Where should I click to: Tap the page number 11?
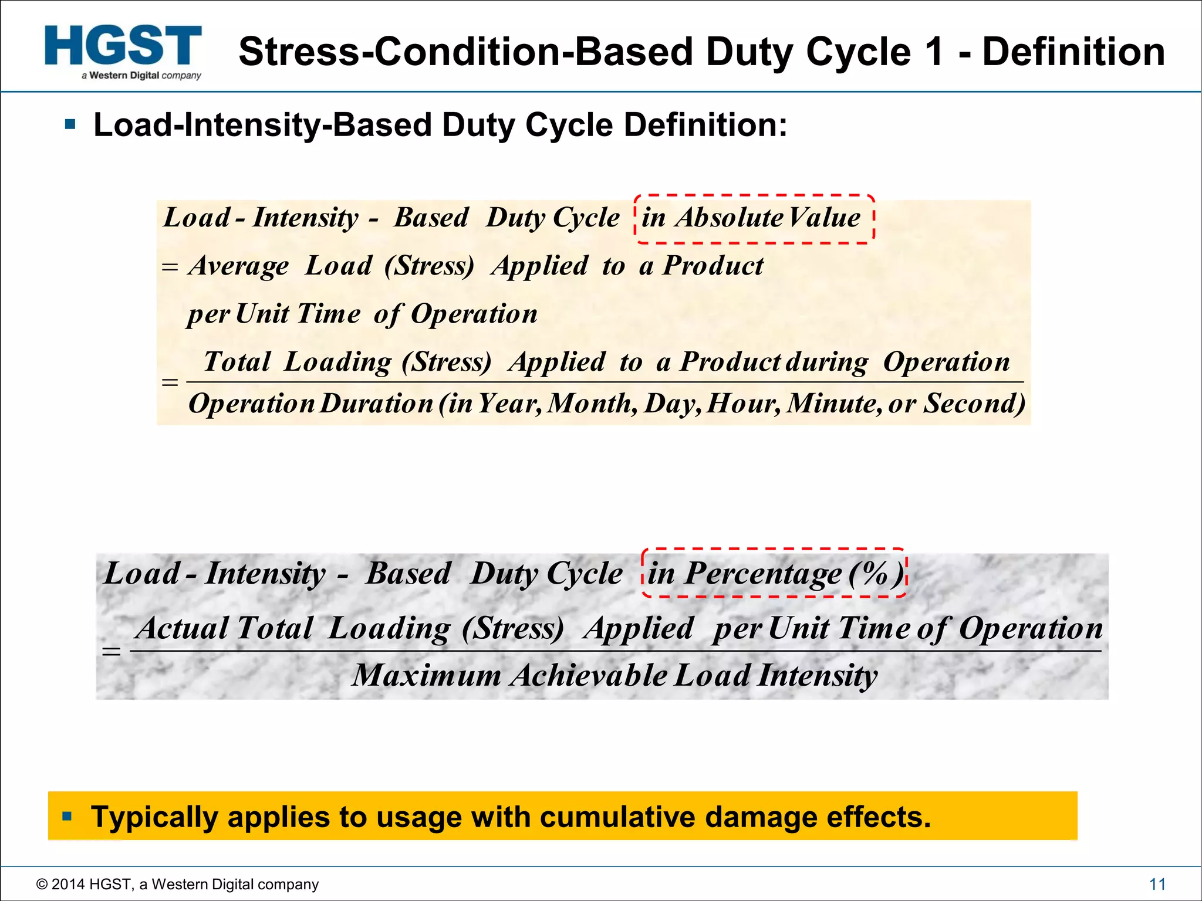pyautogui.click(x=1157, y=884)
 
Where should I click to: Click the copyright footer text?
pyautogui.click(x=177, y=884)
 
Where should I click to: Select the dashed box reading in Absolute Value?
pyautogui.click(x=754, y=219)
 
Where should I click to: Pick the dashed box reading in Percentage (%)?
pyautogui.click(x=774, y=573)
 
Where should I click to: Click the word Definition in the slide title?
pyautogui.click(x=1073, y=52)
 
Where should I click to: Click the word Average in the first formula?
pyautogui.click(x=239, y=266)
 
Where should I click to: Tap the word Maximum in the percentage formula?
pyautogui.click(x=427, y=675)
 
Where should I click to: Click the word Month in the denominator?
pyautogui.click(x=592, y=404)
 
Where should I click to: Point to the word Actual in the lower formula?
pyautogui.click(x=182, y=628)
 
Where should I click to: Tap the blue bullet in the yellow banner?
pyautogui.click(x=67, y=815)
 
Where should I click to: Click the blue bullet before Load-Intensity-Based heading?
pyautogui.click(x=70, y=124)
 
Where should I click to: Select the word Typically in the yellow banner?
pyautogui.click(x=154, y=817)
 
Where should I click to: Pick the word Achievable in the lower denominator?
pyautogui.click(x=589, y=675)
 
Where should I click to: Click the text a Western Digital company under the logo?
pyautogui.click(x=141, y=76)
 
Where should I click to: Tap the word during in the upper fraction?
pyautogui.click(x=826, y=363)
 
